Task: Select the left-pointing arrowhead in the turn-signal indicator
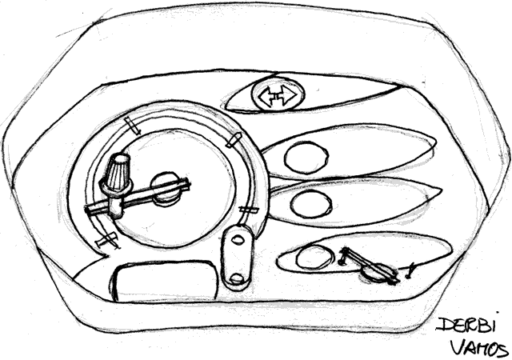[x=266, y=96]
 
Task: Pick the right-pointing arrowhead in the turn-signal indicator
[x=289, y=94]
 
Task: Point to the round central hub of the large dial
[x=166, y=189]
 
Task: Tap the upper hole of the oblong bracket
[x=237, y=239]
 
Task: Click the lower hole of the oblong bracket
[x=237, y=278]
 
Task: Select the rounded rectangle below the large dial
[x=164, y=280]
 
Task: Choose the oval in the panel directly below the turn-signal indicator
[x=306, y=157]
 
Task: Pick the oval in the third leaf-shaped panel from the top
[x=311, y=204]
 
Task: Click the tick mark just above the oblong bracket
[x=249, y=210]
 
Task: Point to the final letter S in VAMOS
[x=503, y=350]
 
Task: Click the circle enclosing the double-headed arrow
[x=278, y=95]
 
